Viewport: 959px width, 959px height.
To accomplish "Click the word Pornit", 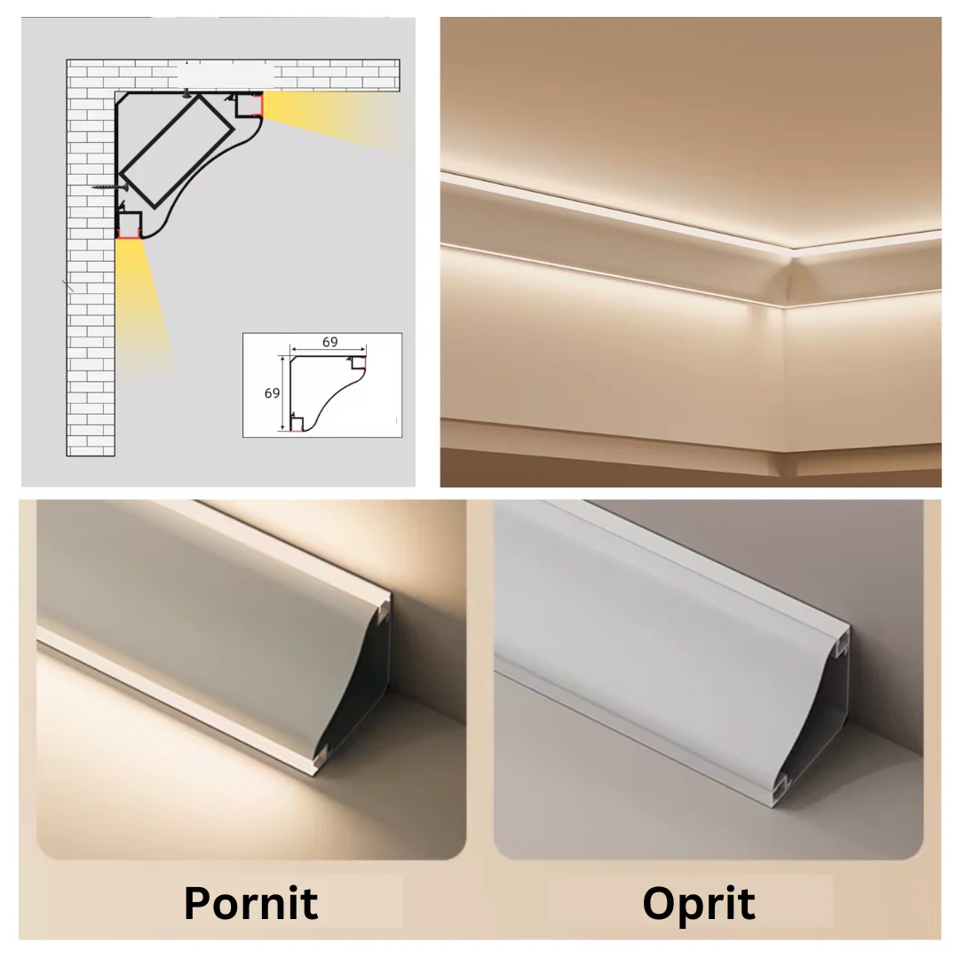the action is coord(250,903).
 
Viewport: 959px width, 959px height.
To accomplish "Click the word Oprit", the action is coord(699,904).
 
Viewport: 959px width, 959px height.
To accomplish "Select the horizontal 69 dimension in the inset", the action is coord(329,342).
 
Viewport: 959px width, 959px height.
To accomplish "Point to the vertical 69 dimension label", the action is coord(273,393).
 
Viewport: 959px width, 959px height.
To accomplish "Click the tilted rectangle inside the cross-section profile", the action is coord(176,150).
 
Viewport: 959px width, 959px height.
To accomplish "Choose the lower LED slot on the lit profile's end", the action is coord(321,756).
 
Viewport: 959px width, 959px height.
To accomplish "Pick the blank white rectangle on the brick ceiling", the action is coord(225,75).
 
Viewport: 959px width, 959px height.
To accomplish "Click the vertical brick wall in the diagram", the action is coord(91,275).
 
